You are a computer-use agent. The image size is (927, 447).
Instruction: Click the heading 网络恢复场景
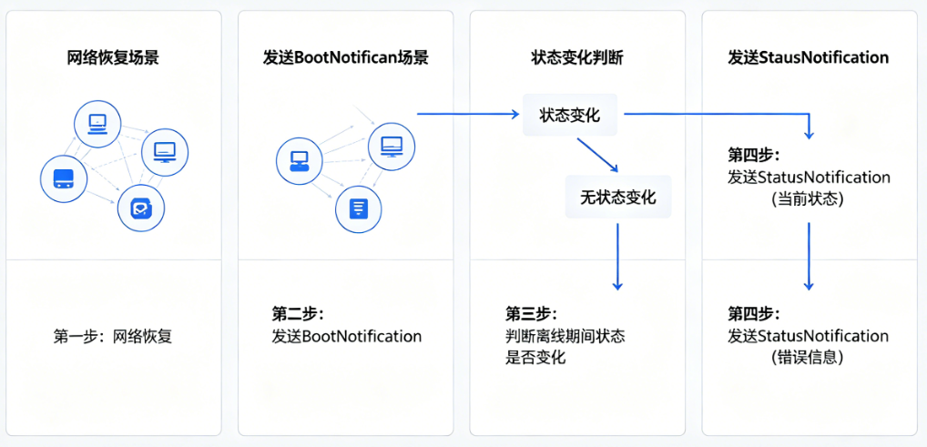click(113, 57)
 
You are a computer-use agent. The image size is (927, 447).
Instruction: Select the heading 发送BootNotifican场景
click(345, 57)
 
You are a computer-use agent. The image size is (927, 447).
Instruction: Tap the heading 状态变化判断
click(577, 57)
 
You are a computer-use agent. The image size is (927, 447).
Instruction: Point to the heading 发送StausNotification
click(808, 57)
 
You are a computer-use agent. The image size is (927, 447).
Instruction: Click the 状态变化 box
click(569, 115)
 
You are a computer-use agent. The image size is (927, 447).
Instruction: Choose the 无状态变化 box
click(617, 197)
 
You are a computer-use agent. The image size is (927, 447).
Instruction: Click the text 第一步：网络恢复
click(113, 336)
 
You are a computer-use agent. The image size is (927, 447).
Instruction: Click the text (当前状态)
click(807, 198)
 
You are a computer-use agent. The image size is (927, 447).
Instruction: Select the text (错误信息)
click(807, 358)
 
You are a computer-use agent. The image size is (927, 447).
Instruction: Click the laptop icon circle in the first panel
click(97, 123)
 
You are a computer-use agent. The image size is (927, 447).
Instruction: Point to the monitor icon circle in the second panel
click(392, 145)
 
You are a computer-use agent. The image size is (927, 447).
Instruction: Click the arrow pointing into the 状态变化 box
click(467, 114)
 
